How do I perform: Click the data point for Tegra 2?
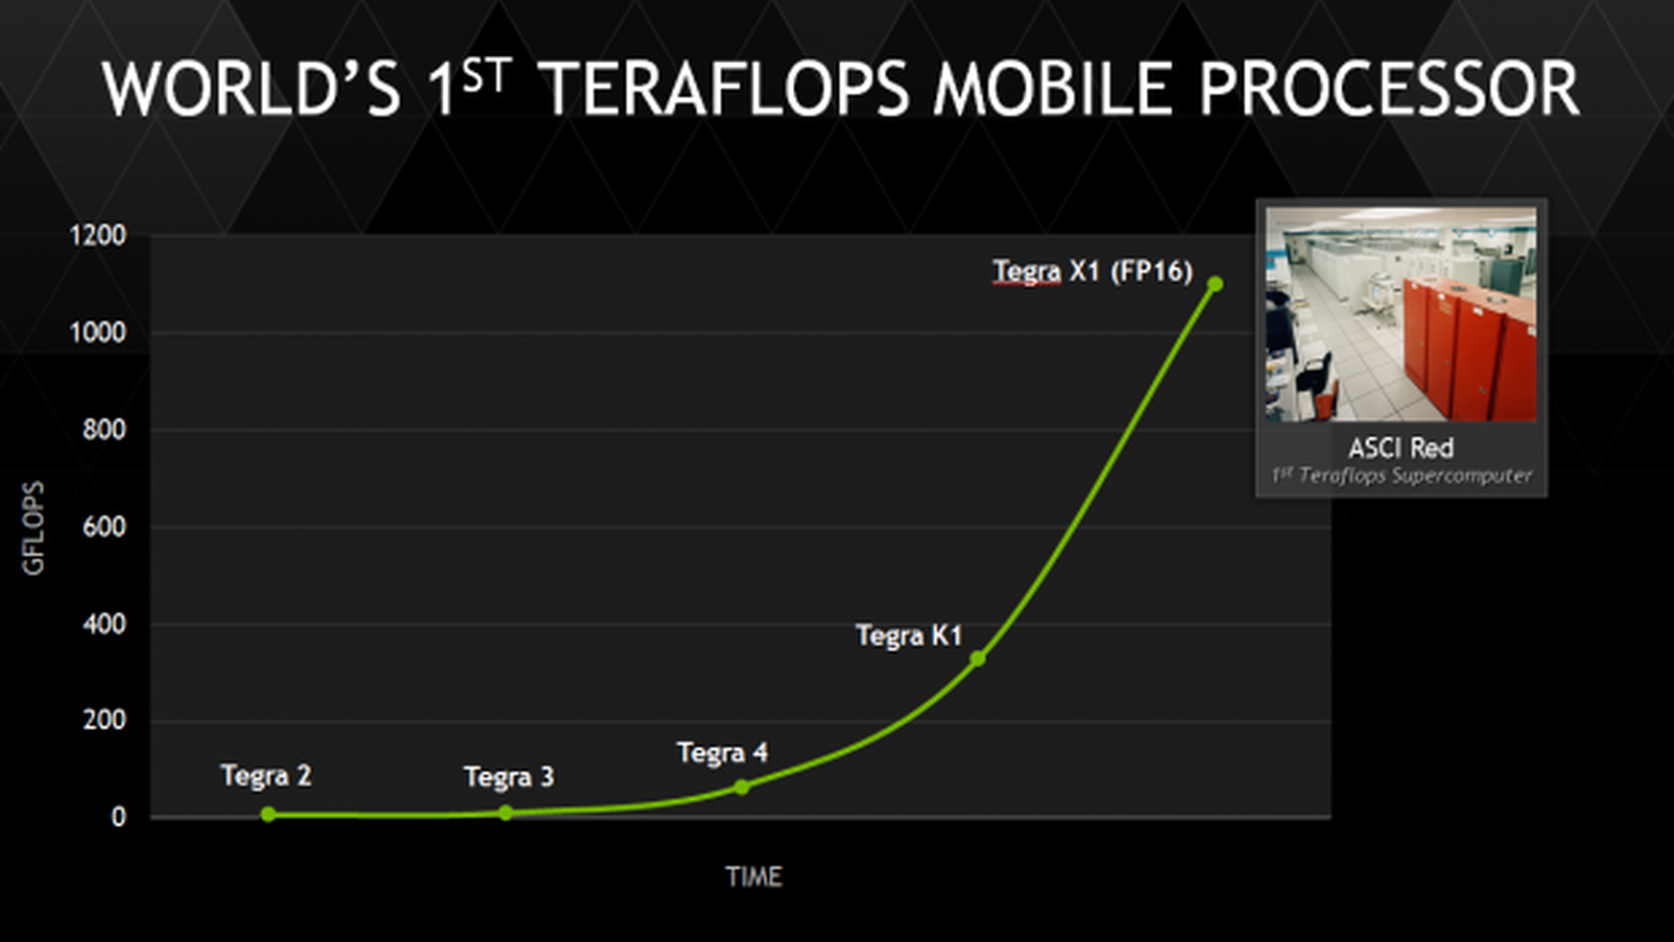click(268, 814)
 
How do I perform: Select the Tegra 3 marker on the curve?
click(505, 812)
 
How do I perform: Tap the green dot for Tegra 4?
click(741, 787)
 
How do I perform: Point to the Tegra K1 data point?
click(978, 658)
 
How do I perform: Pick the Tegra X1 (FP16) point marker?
click(1215, 283)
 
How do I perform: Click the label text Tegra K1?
click(908, 635)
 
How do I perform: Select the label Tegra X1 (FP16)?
click(1092, 270)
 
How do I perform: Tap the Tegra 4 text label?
click(723, 752)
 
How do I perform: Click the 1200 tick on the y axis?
click(98, 236)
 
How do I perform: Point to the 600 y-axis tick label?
click(104, 527)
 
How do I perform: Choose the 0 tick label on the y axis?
click(119, 817)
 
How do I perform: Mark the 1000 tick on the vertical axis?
click(98, 333)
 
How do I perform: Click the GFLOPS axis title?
click(34, 528)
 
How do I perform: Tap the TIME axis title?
click(754, 877)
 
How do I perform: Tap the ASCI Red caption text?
click(1400, 448)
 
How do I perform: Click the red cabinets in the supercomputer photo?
click(1463, 343)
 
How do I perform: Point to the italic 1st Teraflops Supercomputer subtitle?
click(1400, 475)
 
